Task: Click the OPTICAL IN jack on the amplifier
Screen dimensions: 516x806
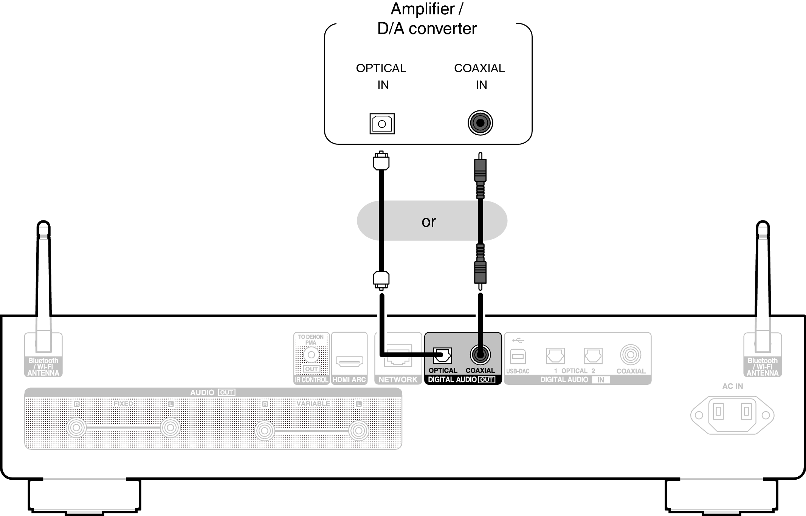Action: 382,124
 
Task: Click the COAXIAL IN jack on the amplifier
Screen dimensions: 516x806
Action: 480,123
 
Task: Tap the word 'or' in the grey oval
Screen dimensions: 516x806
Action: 429,222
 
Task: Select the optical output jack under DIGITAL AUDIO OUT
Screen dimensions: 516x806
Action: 442,355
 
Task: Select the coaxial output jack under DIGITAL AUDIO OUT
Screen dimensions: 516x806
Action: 480,355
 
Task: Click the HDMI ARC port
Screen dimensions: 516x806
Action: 349,361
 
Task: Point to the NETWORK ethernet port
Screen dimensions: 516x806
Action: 398,356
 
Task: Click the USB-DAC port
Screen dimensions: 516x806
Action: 518,356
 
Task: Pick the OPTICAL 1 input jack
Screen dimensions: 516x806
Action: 555,356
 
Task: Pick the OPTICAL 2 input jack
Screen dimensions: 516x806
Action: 593,356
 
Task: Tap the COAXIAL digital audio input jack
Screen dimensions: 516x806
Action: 630,355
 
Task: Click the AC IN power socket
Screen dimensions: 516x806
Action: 732,415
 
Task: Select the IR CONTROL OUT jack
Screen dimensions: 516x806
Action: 312,355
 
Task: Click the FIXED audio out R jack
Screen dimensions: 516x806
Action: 76,428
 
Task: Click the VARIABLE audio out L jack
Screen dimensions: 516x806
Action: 358,430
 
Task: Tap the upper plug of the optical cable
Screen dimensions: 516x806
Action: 381,161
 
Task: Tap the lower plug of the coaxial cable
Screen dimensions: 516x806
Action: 480,272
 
